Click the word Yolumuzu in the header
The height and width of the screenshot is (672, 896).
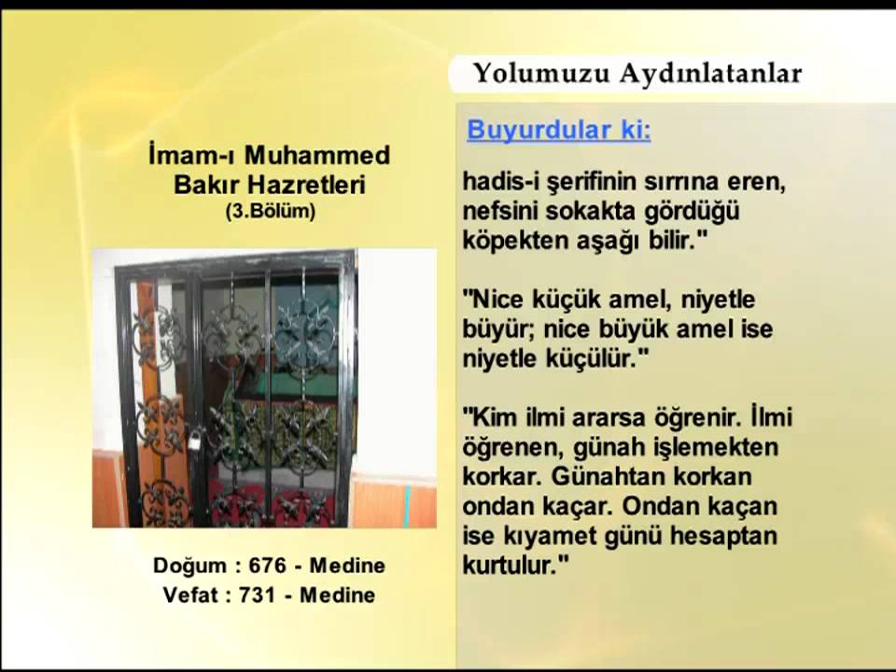click(525, 74)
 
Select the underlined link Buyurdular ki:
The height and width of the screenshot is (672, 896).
click(558, 131)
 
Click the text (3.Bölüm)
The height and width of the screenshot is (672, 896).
click(270, 212)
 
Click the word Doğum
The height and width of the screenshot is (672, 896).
click(189, 566)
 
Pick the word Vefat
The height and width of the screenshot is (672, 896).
click(190, 595)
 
